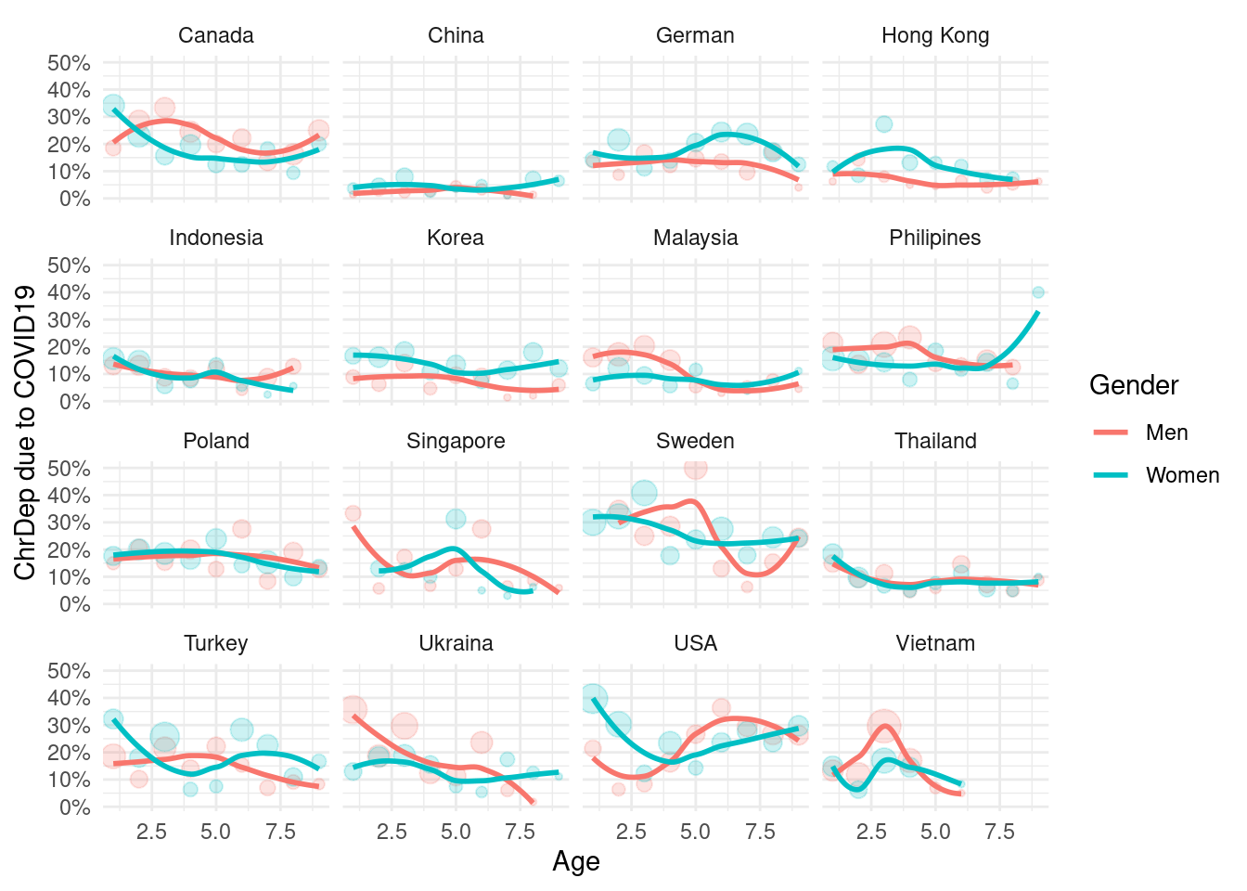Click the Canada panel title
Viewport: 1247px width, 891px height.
click(x=216, y=35)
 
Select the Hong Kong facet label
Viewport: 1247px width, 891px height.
click(x=935, y=35)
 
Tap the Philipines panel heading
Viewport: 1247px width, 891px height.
click(x=935, y=238)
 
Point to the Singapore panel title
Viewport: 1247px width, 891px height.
click(x=456, y=441)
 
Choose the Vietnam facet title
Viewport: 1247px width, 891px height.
click(x=935, y=643)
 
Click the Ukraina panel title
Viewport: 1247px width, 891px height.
click(x=456, y=643)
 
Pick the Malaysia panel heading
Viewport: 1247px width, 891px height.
click(x=695, y=238)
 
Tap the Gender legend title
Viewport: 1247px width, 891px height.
click(x=1134, y=385)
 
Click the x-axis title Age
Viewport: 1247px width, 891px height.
click(x=576, y=862)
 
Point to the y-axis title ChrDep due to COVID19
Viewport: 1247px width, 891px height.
click(x=25, y=433)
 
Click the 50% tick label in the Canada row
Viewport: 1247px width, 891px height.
click(x=70, y=63)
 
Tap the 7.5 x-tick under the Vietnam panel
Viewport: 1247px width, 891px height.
click(x=999, y=833)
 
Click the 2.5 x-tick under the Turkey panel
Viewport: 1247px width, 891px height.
click(x=151, y=833)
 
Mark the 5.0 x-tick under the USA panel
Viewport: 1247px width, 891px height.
click(x=695, y=833)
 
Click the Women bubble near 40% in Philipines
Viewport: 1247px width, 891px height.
click(x=1038, y=292)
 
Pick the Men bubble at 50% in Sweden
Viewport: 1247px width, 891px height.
click(x=696, y=468)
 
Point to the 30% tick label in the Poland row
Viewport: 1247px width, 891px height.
click(x=70, y=523)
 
